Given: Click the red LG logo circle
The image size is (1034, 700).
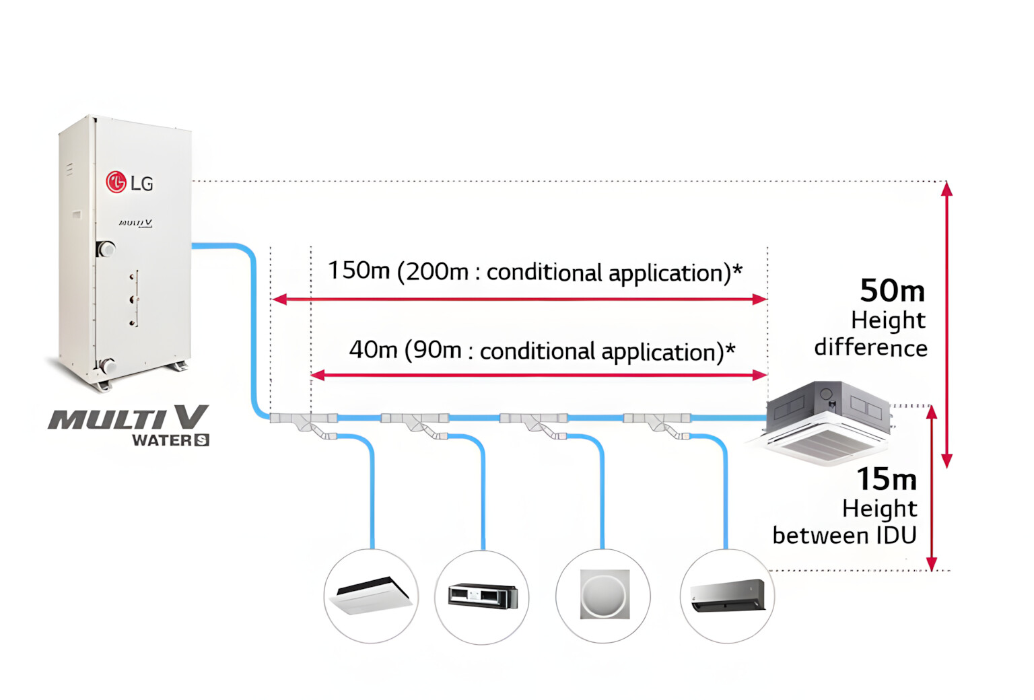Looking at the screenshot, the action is click(116, 181).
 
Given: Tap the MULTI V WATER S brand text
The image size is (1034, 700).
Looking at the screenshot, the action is click(129, 425).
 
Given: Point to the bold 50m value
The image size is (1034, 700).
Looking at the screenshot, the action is click(892, 291).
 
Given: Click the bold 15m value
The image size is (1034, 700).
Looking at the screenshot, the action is click(887, 479).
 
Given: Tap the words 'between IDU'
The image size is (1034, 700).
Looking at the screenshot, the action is click(844, 536).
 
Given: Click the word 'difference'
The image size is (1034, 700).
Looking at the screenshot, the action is click(870, 348).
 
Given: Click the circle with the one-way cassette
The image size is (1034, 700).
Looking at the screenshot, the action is click(371, 596).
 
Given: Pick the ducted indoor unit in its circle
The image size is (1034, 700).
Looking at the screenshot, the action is click(482, 596).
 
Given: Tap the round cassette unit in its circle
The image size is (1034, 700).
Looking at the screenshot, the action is click(603, 596).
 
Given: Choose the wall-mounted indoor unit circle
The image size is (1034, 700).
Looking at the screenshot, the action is click(728, 596).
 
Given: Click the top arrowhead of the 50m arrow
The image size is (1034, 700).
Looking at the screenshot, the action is click(946, 188).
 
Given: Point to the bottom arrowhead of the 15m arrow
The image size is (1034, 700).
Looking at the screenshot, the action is click(932, 563).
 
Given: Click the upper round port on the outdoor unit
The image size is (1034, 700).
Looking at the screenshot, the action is click(106, 249).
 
